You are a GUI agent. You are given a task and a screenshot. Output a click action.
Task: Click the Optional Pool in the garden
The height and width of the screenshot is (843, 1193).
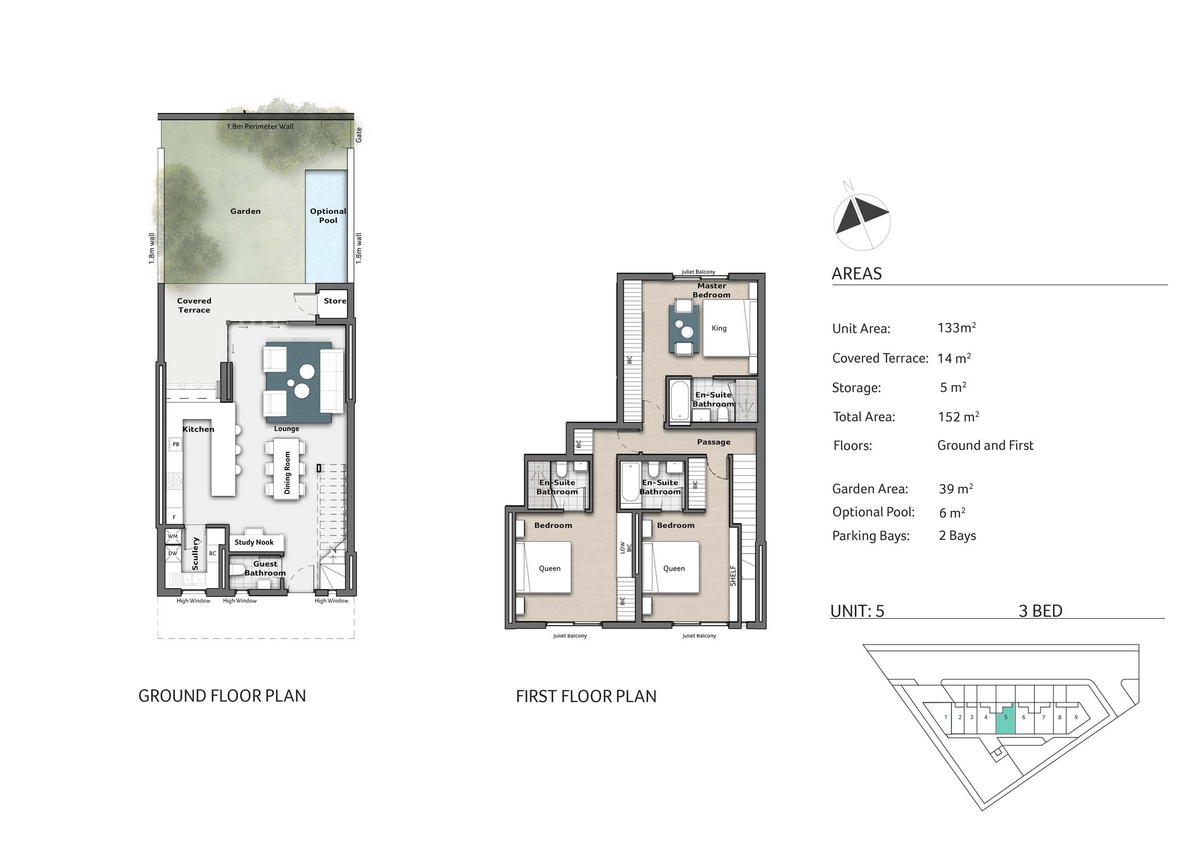(x=326, y=226)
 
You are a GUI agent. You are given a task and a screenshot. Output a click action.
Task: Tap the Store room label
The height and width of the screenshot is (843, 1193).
(x=335, y=301)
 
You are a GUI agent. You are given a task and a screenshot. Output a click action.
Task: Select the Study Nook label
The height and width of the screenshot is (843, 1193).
(x=253, y=542)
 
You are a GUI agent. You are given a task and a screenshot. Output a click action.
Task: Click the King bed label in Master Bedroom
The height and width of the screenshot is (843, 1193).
(x=719, y=328)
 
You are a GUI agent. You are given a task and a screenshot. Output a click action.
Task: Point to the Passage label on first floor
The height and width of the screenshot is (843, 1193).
(x=714, y=442)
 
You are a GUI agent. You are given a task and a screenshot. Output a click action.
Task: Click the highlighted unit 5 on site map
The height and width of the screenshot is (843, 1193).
(x=1005, y=719)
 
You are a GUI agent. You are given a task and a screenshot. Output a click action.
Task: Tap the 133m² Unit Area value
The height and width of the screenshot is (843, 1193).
(x=956, y=328)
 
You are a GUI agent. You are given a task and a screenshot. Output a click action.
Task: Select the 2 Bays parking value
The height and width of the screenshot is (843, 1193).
(x=957, y=535)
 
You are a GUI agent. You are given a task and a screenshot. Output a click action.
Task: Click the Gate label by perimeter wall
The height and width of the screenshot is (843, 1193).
(x=359, y=135)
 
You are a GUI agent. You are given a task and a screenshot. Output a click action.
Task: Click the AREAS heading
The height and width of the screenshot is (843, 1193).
(x=857, y=274)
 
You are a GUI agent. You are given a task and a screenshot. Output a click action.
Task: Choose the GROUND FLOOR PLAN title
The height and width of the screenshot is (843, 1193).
(x=222, y=696)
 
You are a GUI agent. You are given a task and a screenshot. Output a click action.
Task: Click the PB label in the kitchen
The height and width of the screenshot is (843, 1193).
(x=176, y=444)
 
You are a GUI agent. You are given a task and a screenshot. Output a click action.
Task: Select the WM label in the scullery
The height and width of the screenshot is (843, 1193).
(x=173, y=536)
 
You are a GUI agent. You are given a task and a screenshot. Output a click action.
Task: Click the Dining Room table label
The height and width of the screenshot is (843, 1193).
(x=288, y=472)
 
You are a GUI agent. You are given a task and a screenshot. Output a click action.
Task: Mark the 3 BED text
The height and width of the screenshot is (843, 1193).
(x=1040, y=611)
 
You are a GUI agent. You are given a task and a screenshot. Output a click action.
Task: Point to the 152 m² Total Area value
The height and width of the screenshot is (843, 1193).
(x=958, y=417)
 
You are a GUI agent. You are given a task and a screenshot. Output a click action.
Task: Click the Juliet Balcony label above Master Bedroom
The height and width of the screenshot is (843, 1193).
(x=698, y=272)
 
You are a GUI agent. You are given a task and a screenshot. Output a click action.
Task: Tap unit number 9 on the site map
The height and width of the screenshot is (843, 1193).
(x=1076, y=717)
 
